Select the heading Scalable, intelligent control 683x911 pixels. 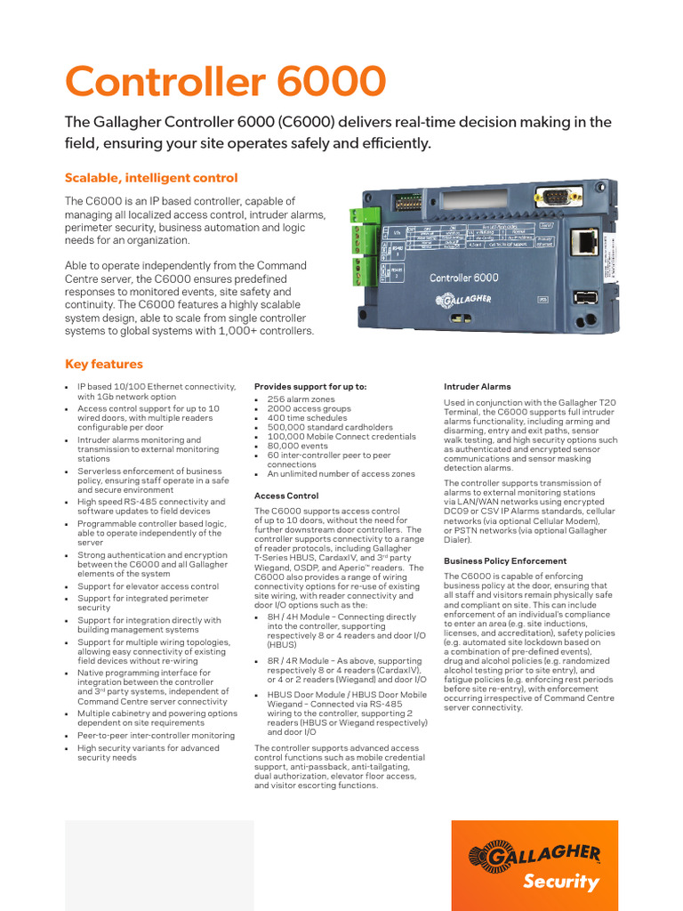pyautogui.click(x=151, y=178)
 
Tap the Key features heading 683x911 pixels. pyautogui.click(x=103, y=364)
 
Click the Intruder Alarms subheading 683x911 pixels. pyautogui.click(x=478, y=387)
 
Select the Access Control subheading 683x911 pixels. pyautogui.click(x=286, y=496)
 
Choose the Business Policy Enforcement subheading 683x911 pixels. pyautogui.click(x=505, y=561)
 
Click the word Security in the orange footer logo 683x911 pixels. pyautogui.click(x=560, y=883)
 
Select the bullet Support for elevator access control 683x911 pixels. pyautogui.click(x=148, y=587)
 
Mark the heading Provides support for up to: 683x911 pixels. pyautogui.click(x=310, y=387)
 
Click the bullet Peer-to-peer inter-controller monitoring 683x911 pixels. pyautogui.click(x=156, y=736)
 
